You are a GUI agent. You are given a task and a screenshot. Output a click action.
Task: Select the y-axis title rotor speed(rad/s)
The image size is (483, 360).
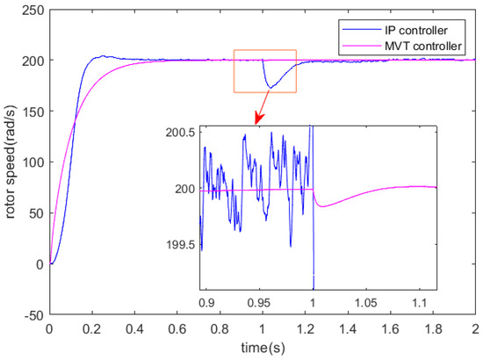tap(11, 162)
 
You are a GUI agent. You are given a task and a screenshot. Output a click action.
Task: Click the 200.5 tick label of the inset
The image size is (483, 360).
tap(182, 132)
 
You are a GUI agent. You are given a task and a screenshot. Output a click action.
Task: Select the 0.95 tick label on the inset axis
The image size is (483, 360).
tap(259, 301)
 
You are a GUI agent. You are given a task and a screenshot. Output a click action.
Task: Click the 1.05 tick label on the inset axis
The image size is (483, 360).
tap(368, 301)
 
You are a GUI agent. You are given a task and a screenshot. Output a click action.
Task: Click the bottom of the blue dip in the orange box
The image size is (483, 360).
tap(270, 88)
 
